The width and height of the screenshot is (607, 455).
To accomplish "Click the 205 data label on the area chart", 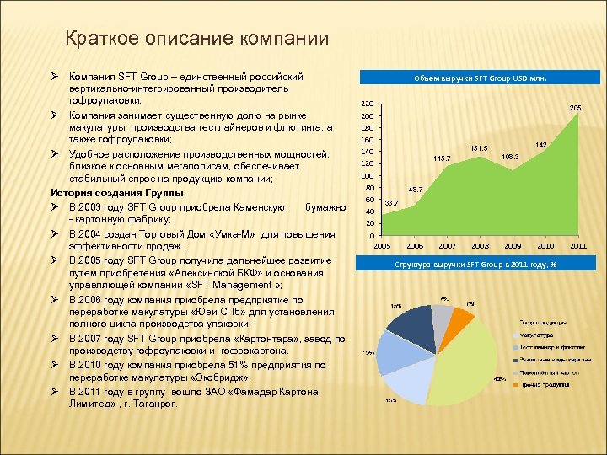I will (x=575, y=108).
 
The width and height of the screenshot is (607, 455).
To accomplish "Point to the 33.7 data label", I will (x=390, y=203).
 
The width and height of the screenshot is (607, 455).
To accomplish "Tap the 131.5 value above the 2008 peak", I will (x=479, y=148).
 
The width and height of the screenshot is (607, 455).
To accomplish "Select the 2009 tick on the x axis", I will (x=513, y=245).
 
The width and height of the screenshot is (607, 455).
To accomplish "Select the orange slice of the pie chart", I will (x=460, y=321).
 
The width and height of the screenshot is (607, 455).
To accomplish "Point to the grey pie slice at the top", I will (x=442, y=315).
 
